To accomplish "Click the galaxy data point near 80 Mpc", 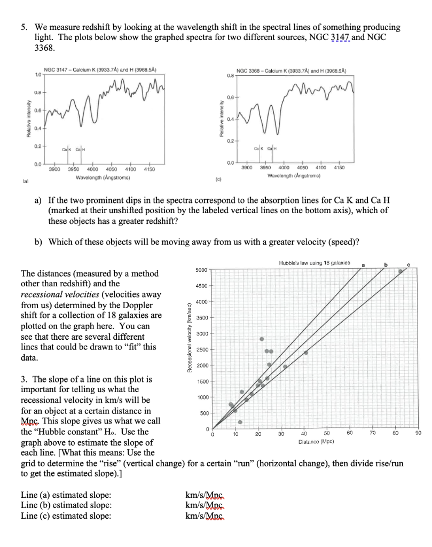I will [400, 271].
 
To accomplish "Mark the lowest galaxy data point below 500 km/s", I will [240, 422].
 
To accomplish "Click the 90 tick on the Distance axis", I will [418, 434].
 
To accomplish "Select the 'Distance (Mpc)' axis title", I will [316, 442].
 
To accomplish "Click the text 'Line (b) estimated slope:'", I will [66, 505].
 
